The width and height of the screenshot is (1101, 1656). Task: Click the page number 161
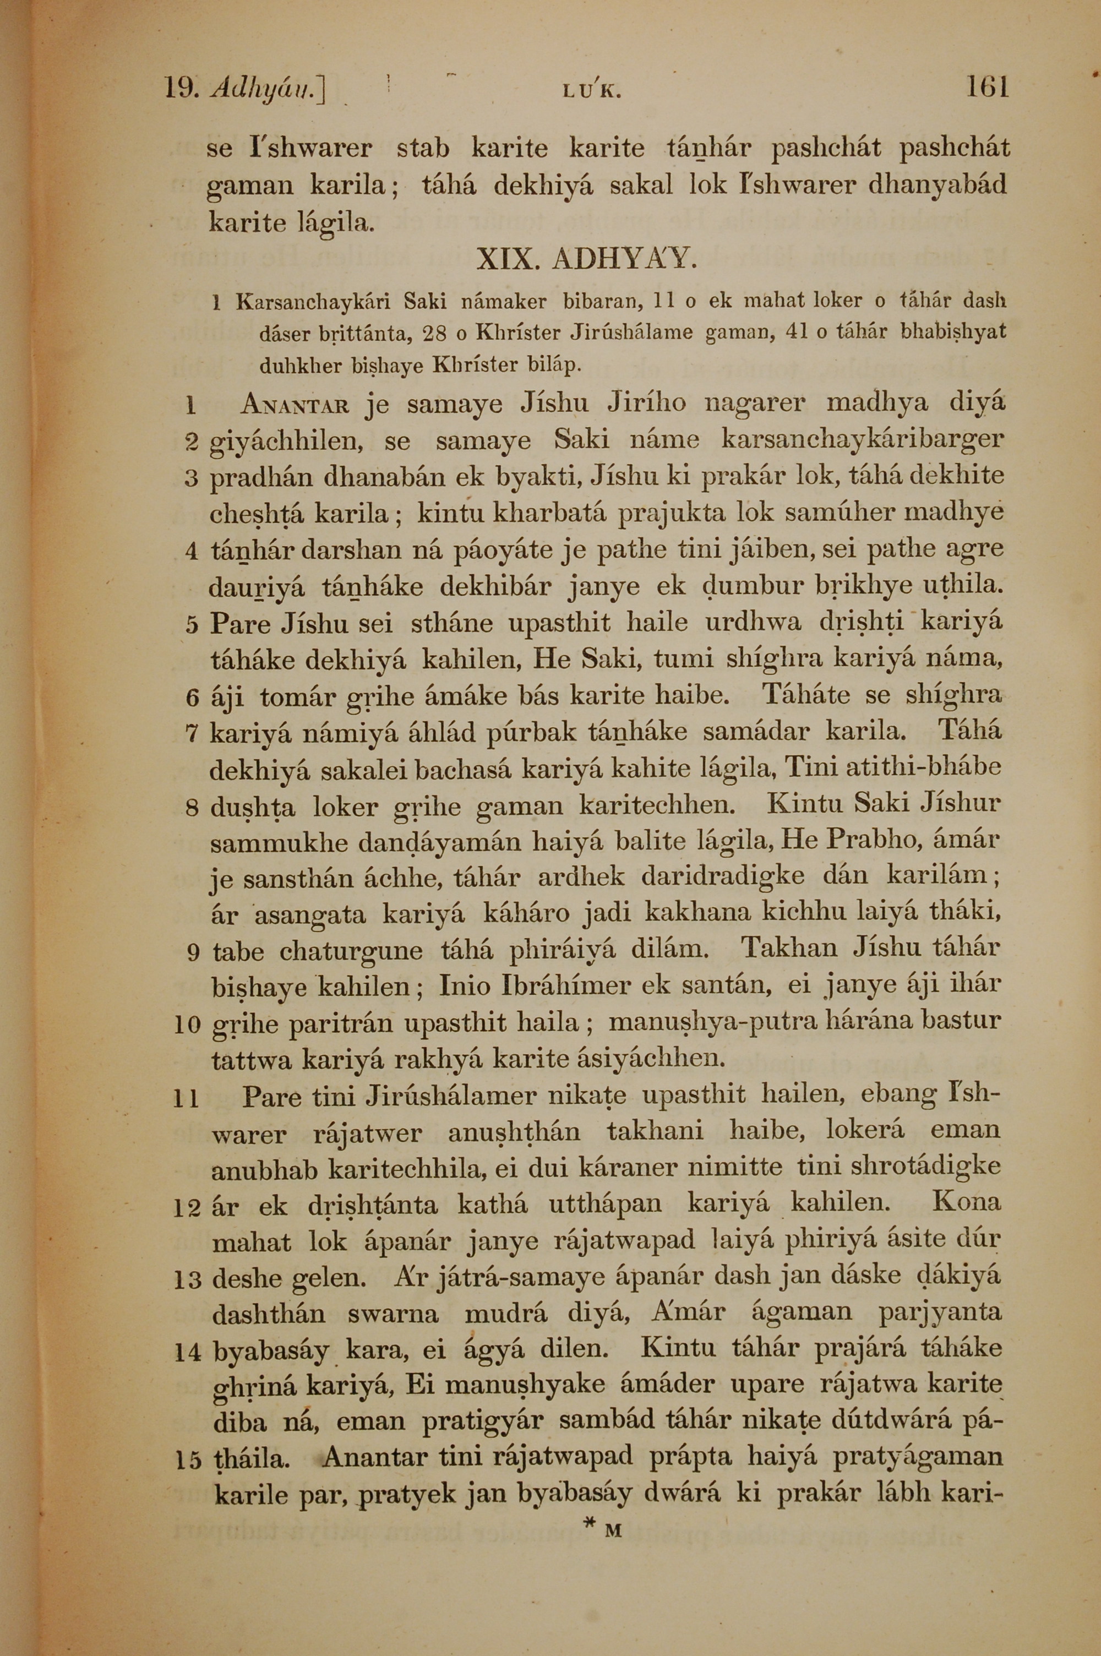pos(987,87)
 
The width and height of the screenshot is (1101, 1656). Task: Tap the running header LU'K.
pos(594,90)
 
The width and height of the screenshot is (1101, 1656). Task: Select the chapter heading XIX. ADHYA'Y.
pos(586,260)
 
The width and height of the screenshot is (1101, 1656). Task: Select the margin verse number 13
pos(188,1281)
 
